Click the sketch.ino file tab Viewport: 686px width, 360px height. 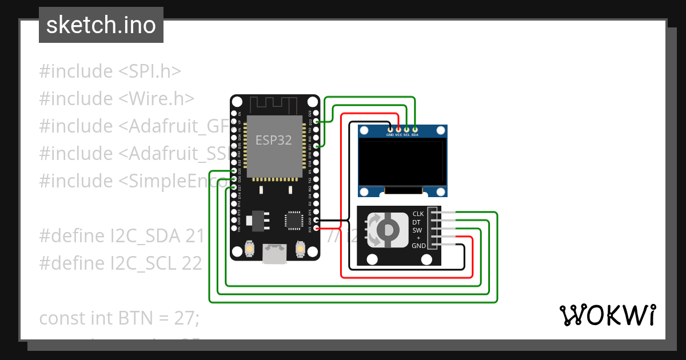(101, 25)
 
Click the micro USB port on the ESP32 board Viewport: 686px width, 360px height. (274, 254)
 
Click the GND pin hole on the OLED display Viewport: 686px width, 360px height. (390, 130)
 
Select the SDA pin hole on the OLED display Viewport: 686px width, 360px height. (414, 130)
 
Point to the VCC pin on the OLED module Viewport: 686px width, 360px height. (398, 130)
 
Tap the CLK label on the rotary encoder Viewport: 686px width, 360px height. (418, 214)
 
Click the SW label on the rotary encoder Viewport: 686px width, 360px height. (417, 230)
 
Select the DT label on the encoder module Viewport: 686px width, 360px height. (417, 222)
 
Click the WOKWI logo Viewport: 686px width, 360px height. (607, 315)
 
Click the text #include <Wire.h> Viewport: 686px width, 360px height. (117, 99)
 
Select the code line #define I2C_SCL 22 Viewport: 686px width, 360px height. (120, 263)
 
